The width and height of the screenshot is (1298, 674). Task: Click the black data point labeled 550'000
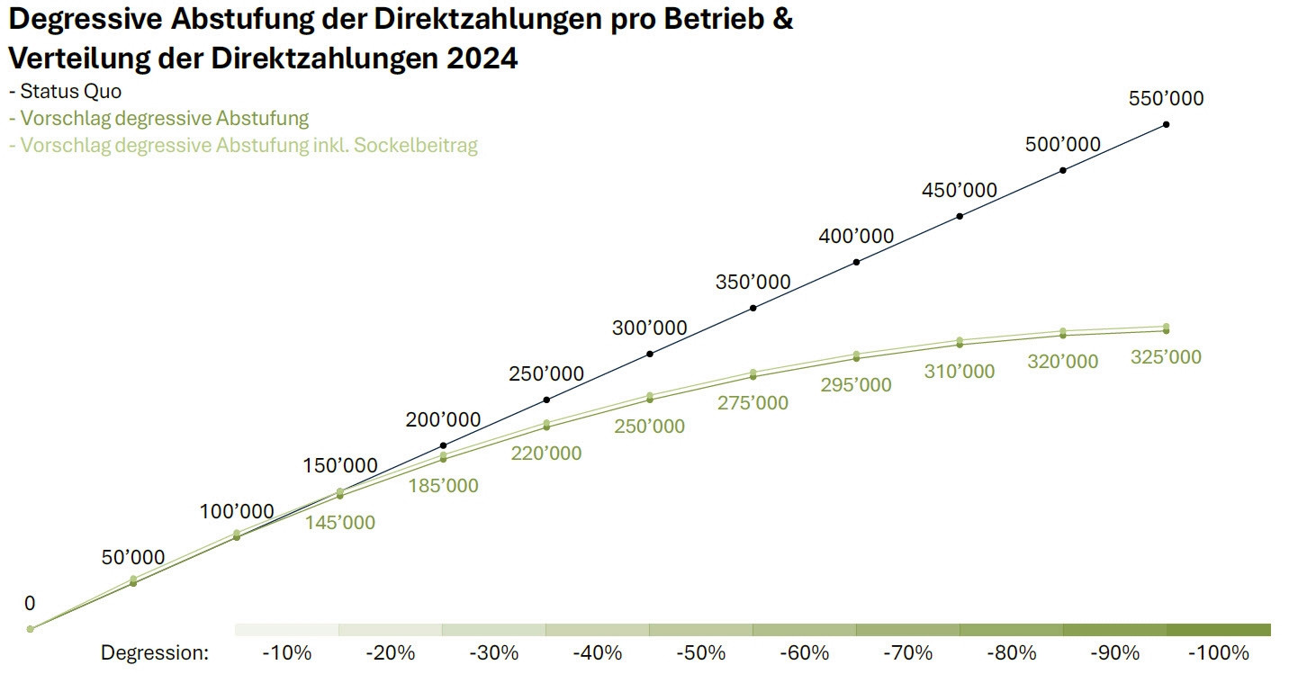click(1166, 124)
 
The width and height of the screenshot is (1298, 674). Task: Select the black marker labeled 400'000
click(856, 262)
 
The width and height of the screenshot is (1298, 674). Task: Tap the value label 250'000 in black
click(546, 373)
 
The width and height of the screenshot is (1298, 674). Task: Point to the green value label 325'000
click(1166, 357)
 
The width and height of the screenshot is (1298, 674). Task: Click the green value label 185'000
click(443, 486)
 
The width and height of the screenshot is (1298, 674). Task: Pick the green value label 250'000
click(649, 427)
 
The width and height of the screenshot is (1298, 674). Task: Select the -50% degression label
click(699, 652)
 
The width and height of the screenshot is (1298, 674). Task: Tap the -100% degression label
click(1218, 652)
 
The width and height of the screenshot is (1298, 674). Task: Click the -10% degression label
click(285, 652)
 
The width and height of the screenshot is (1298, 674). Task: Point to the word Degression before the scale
click(154, 652)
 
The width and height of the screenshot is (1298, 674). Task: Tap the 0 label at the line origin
click(30, 603)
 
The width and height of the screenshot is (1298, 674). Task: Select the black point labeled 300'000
click(650, 354)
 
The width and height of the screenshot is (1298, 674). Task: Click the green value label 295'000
click(856, 385)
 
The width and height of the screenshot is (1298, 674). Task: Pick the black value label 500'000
click(1063, 144)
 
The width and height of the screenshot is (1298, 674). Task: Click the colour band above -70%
click(907, 630)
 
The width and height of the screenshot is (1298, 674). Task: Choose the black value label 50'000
click(133, 557)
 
